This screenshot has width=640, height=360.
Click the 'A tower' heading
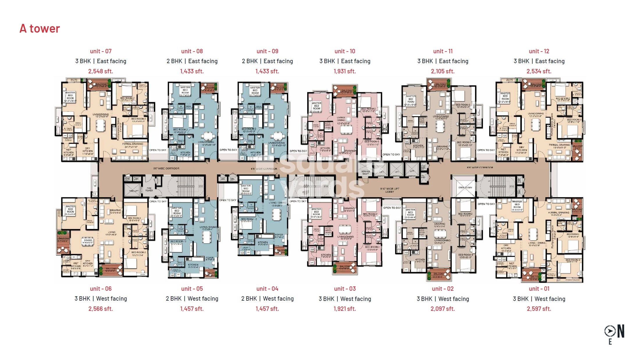pos(40,29)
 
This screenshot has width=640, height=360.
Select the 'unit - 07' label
pos(101,51)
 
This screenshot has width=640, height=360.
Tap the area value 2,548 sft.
pos(101,71)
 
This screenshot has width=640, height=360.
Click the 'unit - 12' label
pos(539,51)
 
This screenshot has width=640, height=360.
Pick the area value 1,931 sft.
pos(345,71)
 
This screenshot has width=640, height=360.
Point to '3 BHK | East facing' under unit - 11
pos(443,61)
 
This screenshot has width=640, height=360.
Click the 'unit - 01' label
pos(539,289)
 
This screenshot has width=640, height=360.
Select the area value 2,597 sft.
pos(539,309)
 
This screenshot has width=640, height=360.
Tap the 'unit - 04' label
pos(267,289)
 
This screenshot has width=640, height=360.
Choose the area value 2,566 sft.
pos(101,309)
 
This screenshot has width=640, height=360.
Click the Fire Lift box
pos(134,191)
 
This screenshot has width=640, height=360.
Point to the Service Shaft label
pos(366,172)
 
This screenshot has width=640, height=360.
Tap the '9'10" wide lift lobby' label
pos(390,190)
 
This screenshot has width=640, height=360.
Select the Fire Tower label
pos(149,189)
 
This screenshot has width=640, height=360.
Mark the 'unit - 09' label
pos(267,51)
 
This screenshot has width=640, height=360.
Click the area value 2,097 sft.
pos(443,309)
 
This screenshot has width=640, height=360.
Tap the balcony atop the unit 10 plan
pos(345,91)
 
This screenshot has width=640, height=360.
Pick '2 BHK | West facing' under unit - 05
pos(192,299)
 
